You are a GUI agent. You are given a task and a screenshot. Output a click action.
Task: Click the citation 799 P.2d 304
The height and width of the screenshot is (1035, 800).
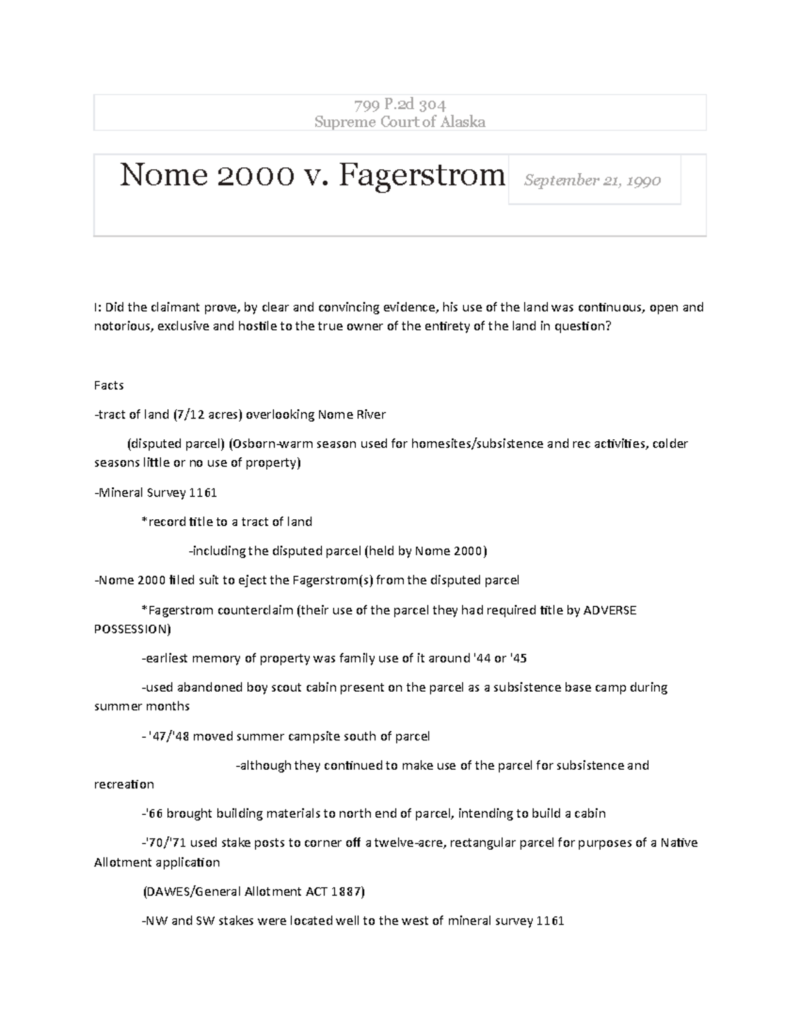coord(399,104)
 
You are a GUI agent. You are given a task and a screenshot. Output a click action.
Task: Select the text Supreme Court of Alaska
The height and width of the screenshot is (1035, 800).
coord(399,121)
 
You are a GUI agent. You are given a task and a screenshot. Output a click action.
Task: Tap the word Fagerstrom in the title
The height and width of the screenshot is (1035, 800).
coord(421,176)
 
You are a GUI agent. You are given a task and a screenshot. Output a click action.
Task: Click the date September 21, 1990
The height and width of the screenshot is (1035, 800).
coord(592,180)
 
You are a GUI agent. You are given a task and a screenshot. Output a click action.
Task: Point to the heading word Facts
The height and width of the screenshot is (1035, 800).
coord(109,385)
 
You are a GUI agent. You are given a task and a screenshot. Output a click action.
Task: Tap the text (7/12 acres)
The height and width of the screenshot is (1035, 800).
coord(207,415)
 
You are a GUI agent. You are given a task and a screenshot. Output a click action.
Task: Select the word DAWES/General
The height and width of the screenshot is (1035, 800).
coord(185,892)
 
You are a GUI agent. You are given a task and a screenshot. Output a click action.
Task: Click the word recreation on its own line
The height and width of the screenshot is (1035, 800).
coord(124,784)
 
